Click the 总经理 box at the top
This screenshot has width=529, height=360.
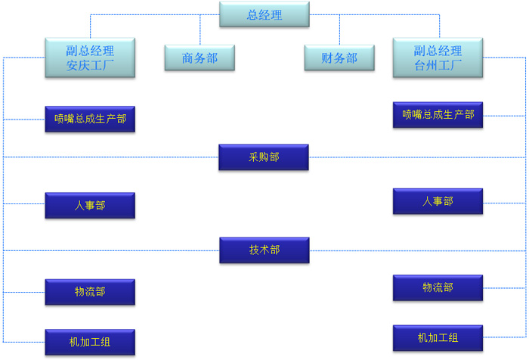[x=264, y=14]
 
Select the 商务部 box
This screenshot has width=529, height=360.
[x=200, y=57]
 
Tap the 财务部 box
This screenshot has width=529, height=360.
[x=339, y=57]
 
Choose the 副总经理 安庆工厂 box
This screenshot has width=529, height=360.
[x=90, y=57]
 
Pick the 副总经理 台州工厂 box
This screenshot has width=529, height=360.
[x=438, y=57]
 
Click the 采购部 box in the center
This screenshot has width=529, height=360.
[x=264, y=157]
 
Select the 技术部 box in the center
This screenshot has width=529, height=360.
[x=264, y=250]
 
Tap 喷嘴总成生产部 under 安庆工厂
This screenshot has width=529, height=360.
[x=90, y=119]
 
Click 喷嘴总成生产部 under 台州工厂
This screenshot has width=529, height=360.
[x=438, y=115]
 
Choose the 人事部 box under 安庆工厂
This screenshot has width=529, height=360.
[x=90, y=206]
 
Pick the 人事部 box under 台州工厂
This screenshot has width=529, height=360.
[x=438, y=202]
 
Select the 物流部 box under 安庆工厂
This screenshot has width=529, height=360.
[x=90, y=292]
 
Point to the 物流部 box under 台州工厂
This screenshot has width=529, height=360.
[x=438, y=288]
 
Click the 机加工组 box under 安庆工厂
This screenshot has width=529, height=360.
[x=90, y=342]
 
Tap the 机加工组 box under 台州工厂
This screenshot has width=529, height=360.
[x=438, y=337]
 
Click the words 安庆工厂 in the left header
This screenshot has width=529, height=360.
[x=90, y=65]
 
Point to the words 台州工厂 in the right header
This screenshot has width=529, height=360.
[x=438, y=65]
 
